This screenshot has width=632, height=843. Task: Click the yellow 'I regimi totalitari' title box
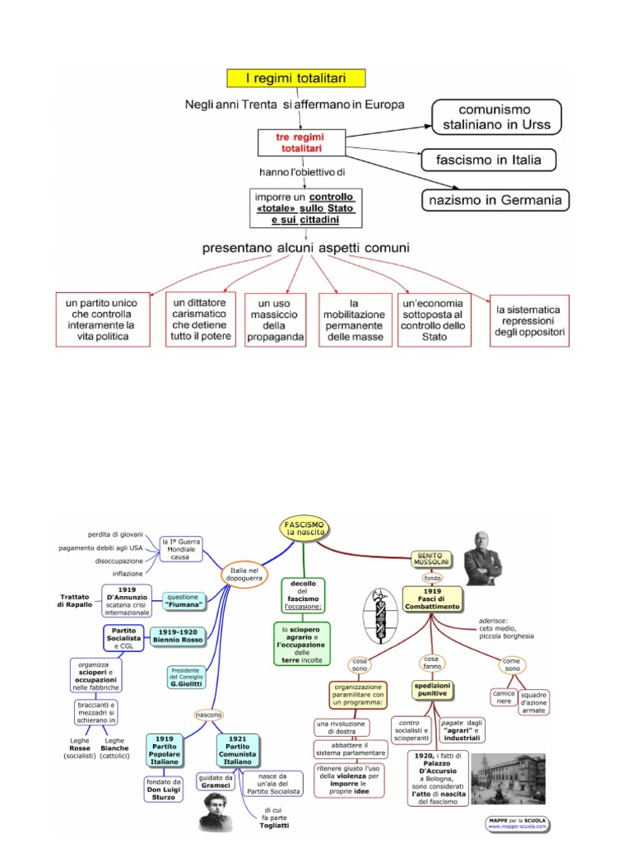coord(295,79)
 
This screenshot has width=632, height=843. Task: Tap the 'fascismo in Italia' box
coord(488,160)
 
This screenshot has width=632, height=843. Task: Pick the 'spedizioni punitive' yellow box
coord(434,688)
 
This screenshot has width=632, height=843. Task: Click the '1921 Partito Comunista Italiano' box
coord(238,749)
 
